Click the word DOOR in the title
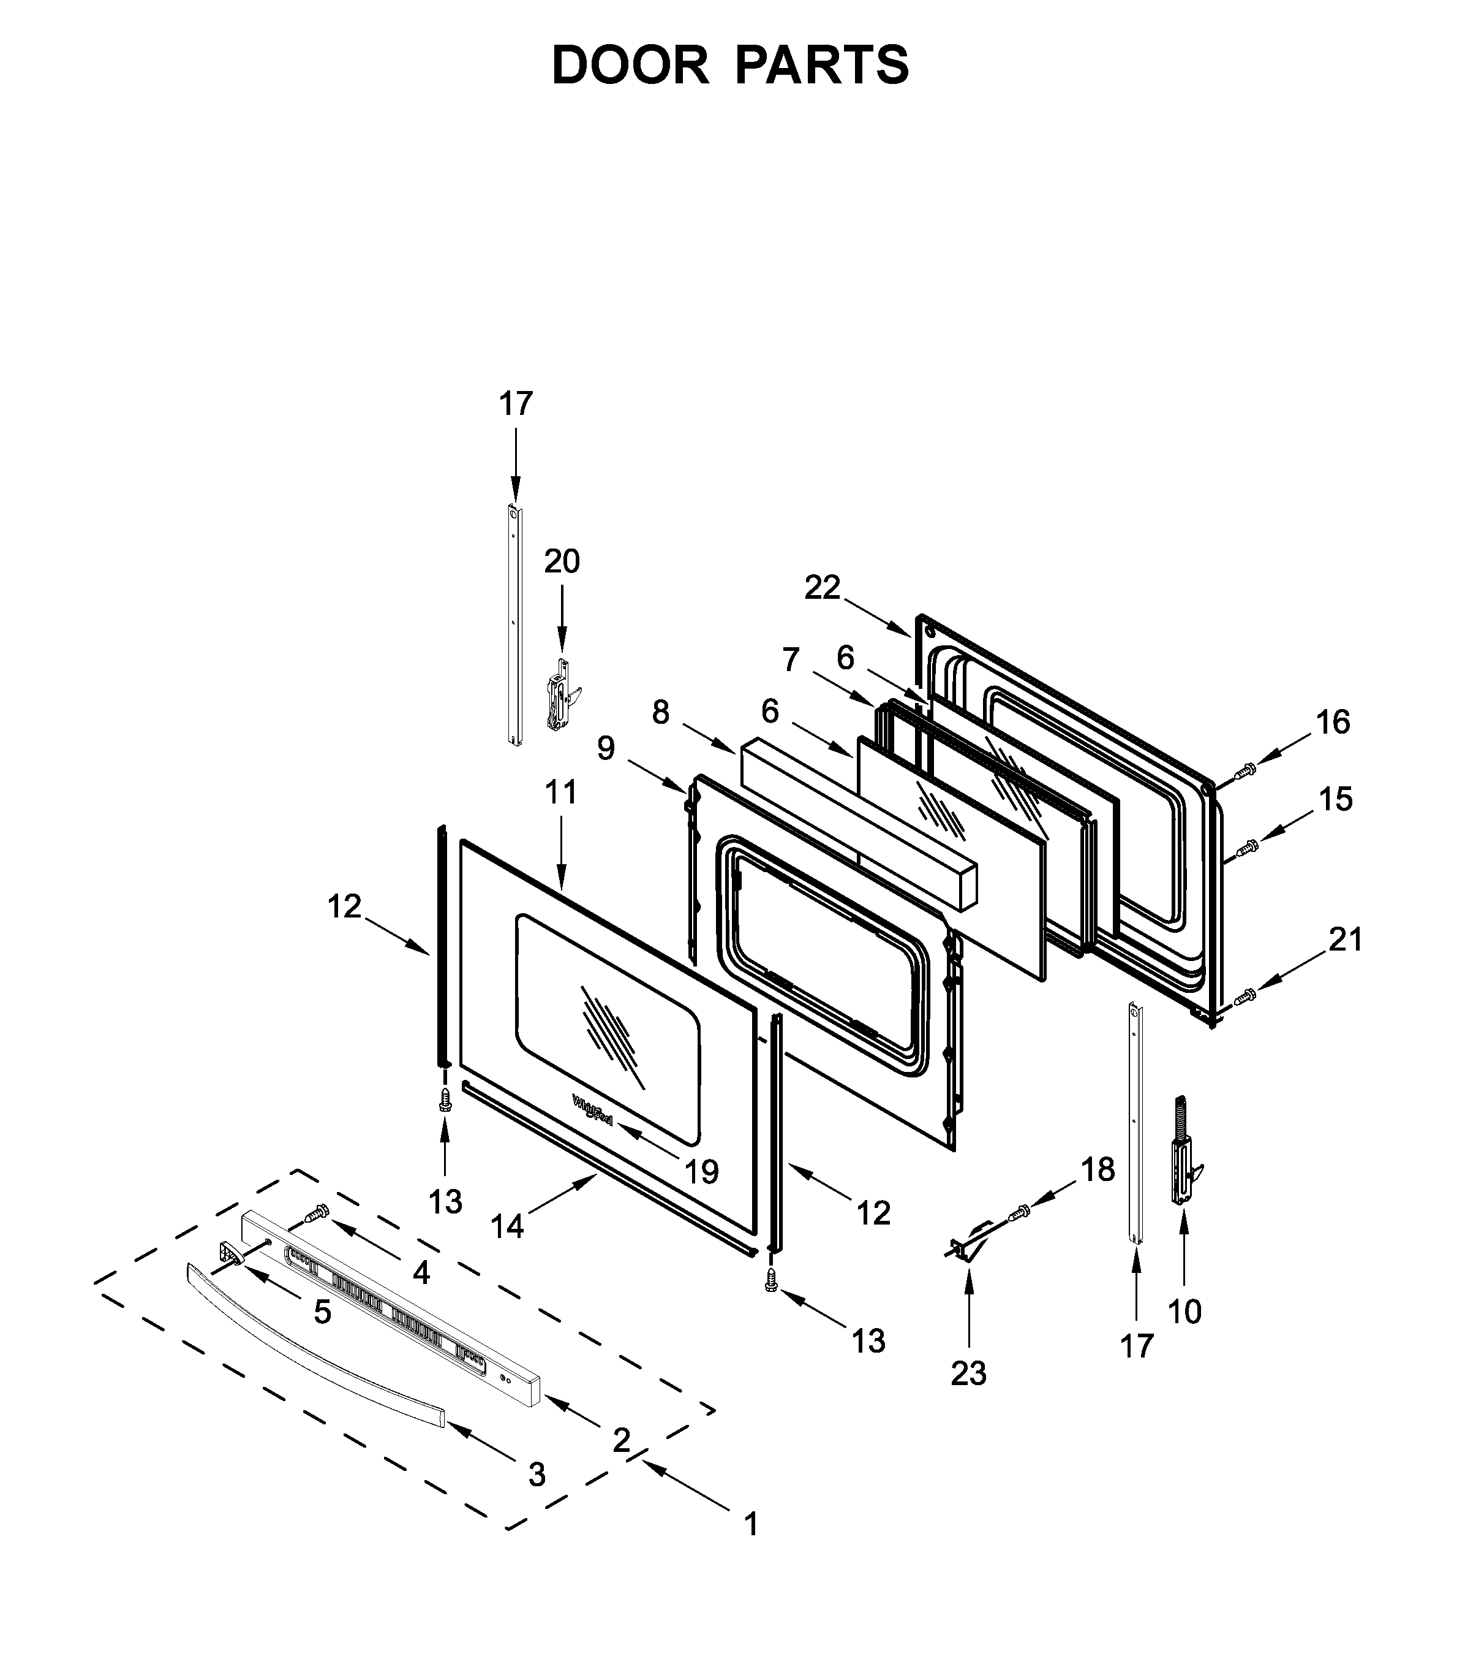coord(630,66)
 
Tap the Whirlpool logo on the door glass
coord(593,1112)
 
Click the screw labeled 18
coord(1020,1213)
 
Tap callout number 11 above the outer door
coord(562,792)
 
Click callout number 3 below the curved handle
coord(537,1474)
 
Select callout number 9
coord(606,748)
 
